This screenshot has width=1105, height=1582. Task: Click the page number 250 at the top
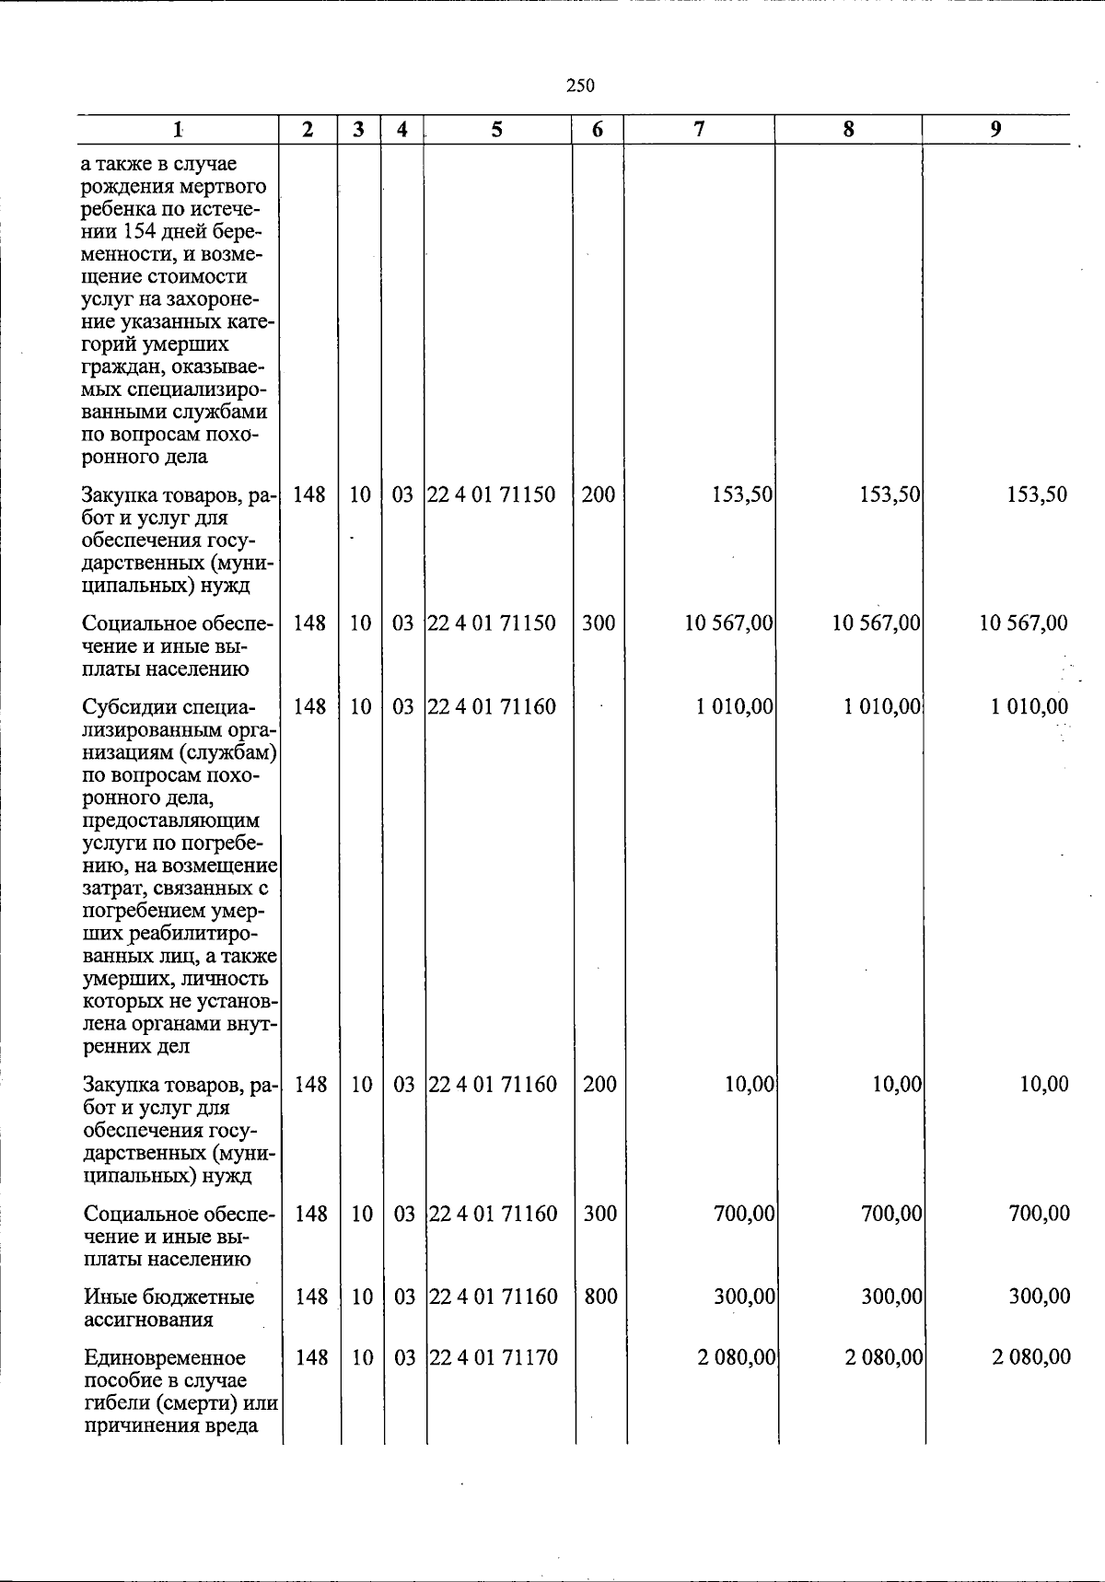point(580,86)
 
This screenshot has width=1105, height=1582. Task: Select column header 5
point(497,130)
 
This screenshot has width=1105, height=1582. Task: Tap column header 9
point(995,130)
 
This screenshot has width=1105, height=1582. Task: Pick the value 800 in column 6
point(600,1297)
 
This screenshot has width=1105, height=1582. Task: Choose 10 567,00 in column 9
point(1024,623)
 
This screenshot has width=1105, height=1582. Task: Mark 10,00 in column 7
point(750,1085)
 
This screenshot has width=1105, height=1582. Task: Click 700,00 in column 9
point(1040,1214)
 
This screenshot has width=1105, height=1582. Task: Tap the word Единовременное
point(165,1357)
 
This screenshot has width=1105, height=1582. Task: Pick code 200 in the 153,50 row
point(599,494)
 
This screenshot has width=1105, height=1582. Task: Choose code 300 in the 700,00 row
point(600,1214)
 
